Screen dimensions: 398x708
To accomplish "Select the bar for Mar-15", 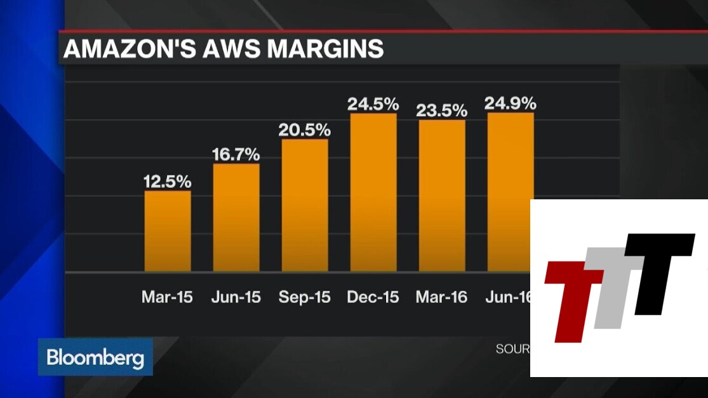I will (168, 231).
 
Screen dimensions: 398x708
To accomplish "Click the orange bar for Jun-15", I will (236, 218).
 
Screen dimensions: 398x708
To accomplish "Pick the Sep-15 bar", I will (305, 205).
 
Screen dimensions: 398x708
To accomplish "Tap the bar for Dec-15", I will (373, 192).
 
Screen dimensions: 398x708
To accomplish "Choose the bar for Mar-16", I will (442, 196).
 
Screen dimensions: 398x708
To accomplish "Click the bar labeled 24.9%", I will (510, 159).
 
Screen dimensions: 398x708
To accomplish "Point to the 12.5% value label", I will (168, 182).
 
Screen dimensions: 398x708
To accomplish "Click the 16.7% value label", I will (236, 154).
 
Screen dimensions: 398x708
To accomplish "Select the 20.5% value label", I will (305, 130).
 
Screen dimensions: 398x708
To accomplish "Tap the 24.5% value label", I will (373, 104).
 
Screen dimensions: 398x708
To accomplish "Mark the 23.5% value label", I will (442, 110).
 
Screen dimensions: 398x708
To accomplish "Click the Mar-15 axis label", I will (168, 297).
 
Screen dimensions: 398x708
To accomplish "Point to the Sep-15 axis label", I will (305, 297).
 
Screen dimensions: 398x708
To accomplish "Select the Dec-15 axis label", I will (373, 297).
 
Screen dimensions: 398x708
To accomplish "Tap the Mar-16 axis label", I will (442, 297).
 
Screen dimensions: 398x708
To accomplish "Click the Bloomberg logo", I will (95, 358).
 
